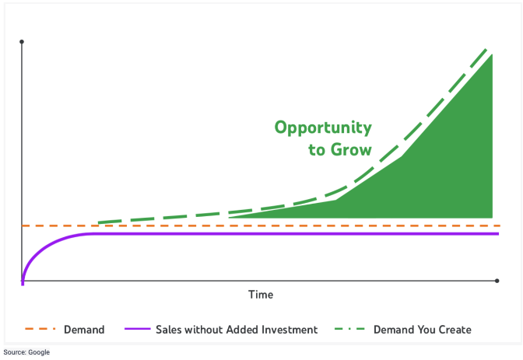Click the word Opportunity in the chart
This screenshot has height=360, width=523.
point(323,128)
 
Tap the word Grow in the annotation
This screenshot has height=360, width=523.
point(351,149)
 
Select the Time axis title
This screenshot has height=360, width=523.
point(261,295)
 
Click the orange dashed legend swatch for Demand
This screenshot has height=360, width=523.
point(40,329)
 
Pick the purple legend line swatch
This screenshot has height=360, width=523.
point(138,329)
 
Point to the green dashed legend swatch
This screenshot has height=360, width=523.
point(349,329)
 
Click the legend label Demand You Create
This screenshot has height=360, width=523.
point(423,330)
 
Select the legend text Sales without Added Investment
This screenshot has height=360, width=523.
point(237,330)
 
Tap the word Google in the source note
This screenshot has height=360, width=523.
point(39,352)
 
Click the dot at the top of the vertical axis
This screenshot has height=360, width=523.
point(22,42)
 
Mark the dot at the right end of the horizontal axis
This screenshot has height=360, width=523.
point(497,281)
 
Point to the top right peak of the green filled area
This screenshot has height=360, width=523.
point(492,54)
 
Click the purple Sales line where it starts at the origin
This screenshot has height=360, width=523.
point(23,283)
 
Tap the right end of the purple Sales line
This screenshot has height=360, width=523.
point(498,234)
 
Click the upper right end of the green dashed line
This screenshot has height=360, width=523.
point(486,50)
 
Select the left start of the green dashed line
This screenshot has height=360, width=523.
point(99,222)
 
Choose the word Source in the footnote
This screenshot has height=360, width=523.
point(15,352)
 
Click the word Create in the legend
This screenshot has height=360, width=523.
point(455,330)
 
